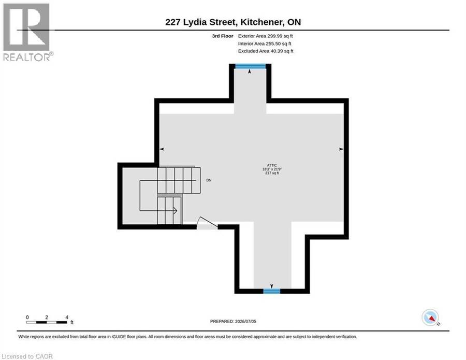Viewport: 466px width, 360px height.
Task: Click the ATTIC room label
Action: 272,165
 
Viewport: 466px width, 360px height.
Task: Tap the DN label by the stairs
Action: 209,180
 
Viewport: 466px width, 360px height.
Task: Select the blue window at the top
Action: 250,66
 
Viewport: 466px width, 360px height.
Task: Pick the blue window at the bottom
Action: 272,291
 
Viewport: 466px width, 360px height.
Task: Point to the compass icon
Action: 430,318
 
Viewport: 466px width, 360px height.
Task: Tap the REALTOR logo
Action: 27,32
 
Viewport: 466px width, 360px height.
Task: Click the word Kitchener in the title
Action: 261,22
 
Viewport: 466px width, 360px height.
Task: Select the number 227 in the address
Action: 172,22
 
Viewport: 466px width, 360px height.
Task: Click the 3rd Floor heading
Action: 223,36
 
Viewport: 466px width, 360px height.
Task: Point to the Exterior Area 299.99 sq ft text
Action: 266,36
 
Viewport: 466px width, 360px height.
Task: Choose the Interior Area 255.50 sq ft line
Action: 265,44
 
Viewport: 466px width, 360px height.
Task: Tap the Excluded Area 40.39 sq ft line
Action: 266,51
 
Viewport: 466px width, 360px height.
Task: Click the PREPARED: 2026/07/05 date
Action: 233,321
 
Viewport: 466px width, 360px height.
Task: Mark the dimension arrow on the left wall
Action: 162,149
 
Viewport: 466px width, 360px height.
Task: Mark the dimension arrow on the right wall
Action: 341,149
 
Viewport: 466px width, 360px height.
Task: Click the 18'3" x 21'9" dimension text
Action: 272,169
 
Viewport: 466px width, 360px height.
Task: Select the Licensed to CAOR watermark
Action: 27,356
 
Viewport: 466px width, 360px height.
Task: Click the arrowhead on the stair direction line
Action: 176,211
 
